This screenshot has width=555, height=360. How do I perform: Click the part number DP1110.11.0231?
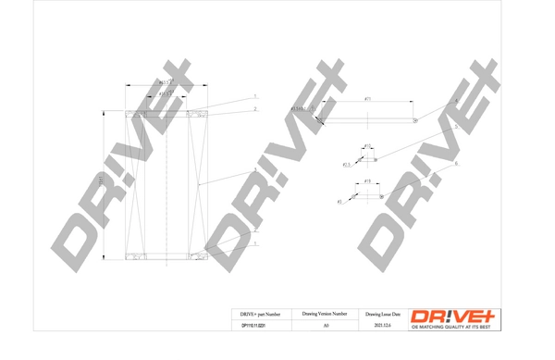(253, 326)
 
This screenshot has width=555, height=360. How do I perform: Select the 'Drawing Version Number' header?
(325, 314)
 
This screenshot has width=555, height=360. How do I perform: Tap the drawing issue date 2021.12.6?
(382, 326)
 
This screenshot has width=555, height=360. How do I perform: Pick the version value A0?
(325, 326)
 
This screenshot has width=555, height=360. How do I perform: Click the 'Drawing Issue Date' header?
(382, 314)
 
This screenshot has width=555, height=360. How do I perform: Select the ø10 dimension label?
(366, 145)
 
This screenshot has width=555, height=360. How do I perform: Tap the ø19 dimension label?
(367, 181)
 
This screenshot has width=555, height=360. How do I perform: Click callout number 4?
(456, 101)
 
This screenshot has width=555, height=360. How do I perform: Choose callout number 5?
(456, 128)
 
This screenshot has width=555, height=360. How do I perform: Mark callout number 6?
(456, 164)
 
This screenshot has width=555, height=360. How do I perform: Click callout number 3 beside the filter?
(255, 172)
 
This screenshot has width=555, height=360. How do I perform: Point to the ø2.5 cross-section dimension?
(347, 164)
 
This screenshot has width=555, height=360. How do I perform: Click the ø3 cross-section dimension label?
(339, 201)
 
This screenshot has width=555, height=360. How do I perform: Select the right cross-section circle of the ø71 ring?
(415, 120)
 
